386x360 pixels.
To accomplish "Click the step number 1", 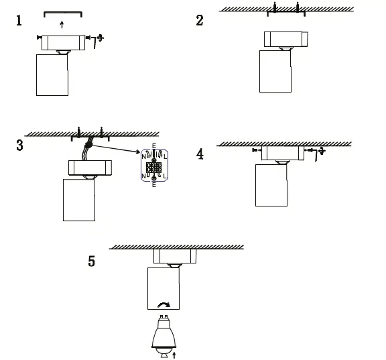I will (x=19, y=21).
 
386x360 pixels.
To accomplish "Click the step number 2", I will (x=200, y=20).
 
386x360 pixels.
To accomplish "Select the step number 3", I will (x=19, y=145).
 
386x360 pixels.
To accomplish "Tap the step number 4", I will (x=200, y=154).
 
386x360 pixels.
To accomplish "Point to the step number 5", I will (x=92, y=261).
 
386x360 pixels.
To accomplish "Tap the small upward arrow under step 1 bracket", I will (x=62, y=25).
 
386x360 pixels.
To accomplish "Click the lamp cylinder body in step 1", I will (x=52, y=75).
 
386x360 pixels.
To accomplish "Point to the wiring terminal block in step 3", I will (x=154, y=165).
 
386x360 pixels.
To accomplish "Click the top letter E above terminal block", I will (x=154, y=146).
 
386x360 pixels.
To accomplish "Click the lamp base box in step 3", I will (x=88, y=167).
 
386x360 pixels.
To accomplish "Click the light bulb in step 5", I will (x=162, y=333).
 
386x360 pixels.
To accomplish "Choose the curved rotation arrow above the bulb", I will (x=162, y=305).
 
